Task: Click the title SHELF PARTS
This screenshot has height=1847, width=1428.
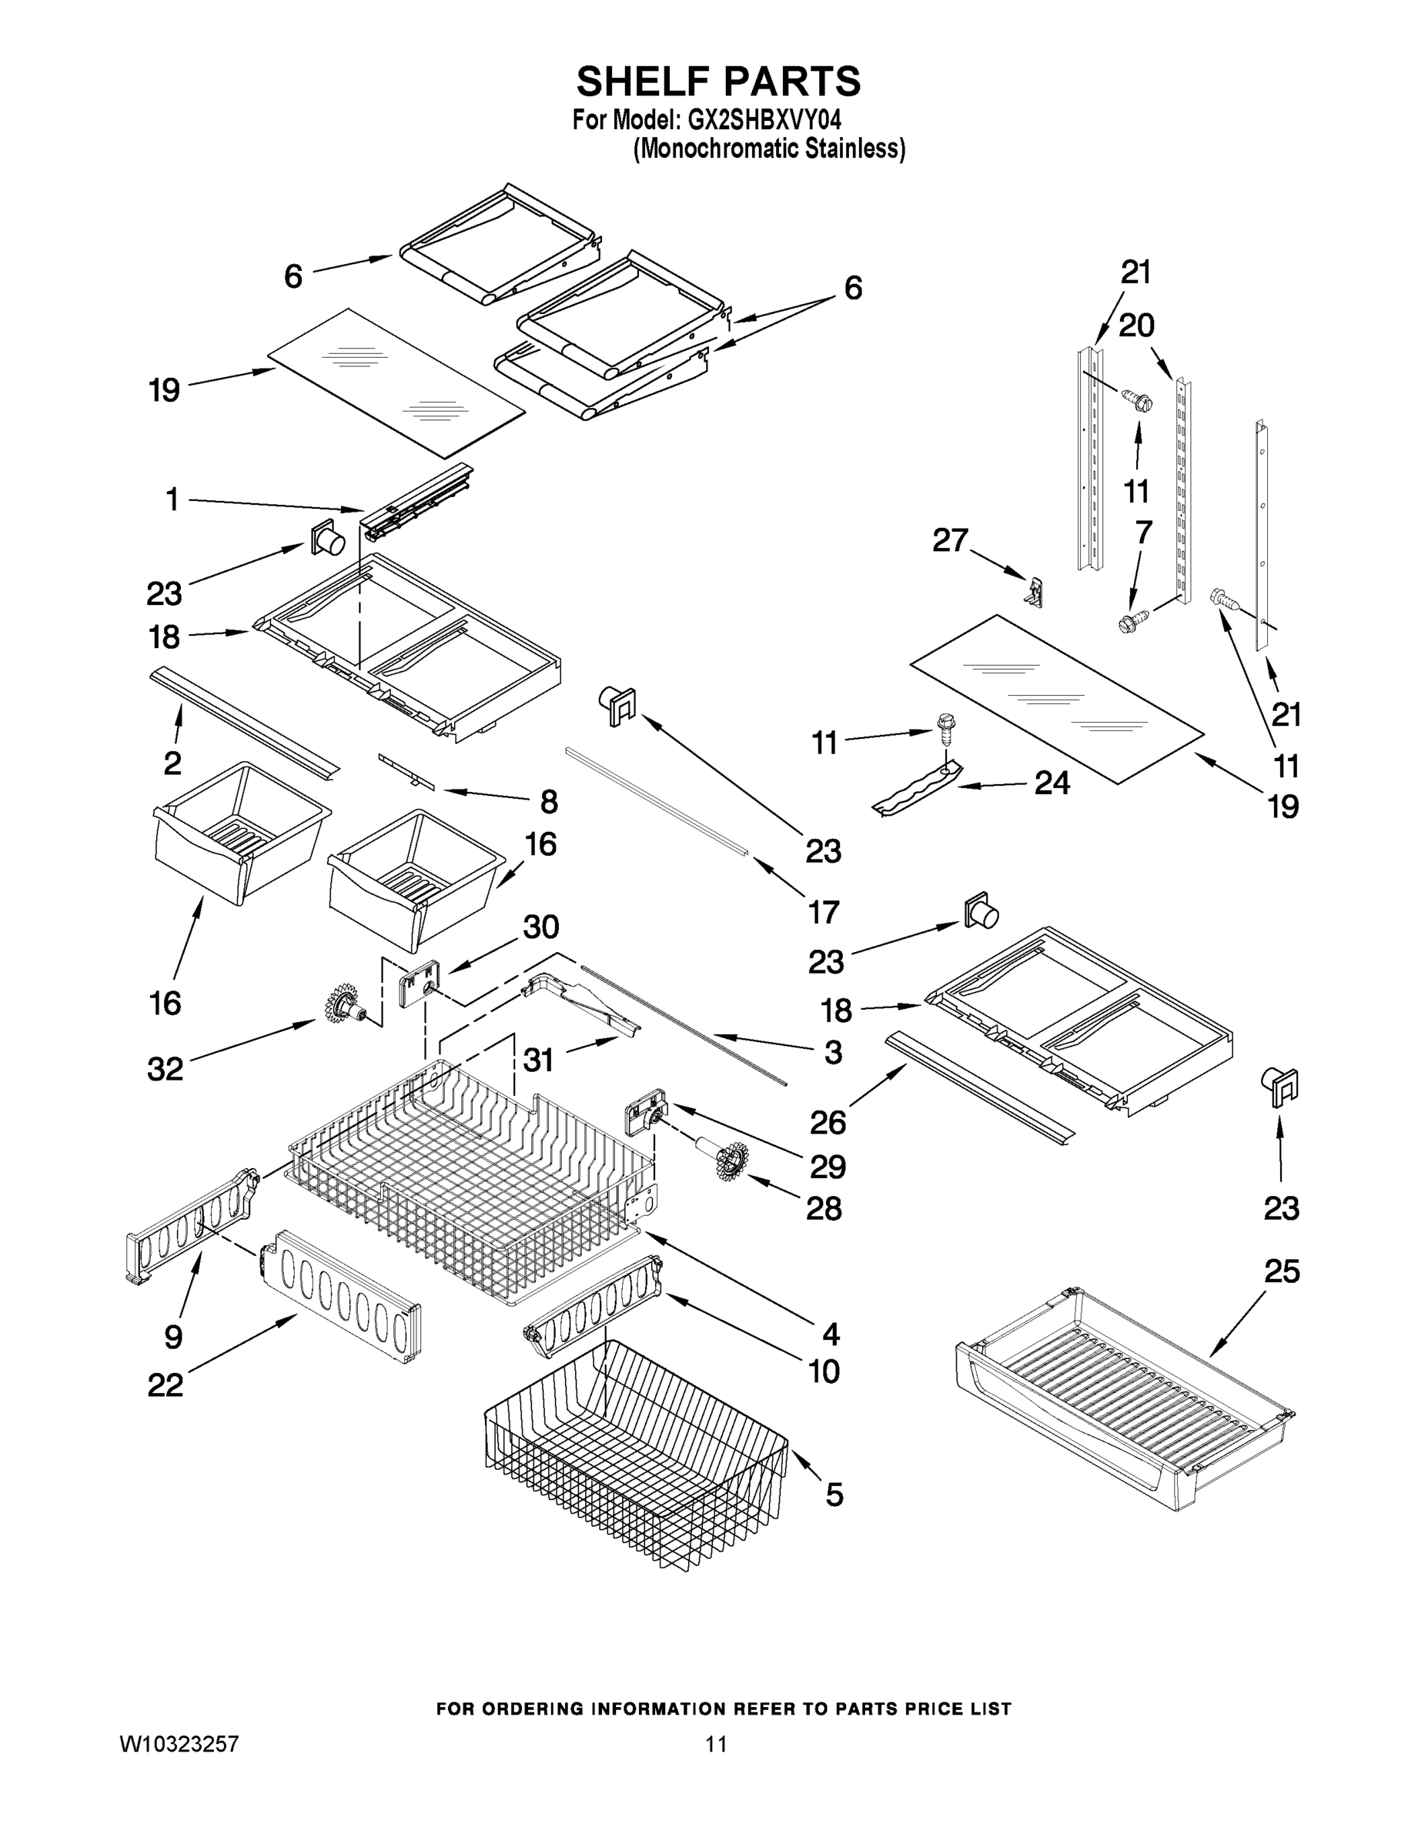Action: (x=718, y=82)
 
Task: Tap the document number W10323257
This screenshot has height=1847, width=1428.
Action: (x=179, y=1743)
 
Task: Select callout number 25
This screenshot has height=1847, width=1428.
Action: (x=1281, y=1271)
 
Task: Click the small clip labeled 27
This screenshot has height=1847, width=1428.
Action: (x=1035, y=591)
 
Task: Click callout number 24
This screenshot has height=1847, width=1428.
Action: (x=1052, y=783)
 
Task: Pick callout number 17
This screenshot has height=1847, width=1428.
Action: (x=823, y=912)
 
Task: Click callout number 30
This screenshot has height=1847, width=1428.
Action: (x=540, y=927)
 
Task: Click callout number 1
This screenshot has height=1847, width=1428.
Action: (x=172, y=499)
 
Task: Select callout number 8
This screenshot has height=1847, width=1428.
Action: (x=549, y=801)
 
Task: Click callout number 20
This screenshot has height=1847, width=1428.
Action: (x=1136, y=325)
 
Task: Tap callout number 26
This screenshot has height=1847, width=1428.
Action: (x=828, y=1122)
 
